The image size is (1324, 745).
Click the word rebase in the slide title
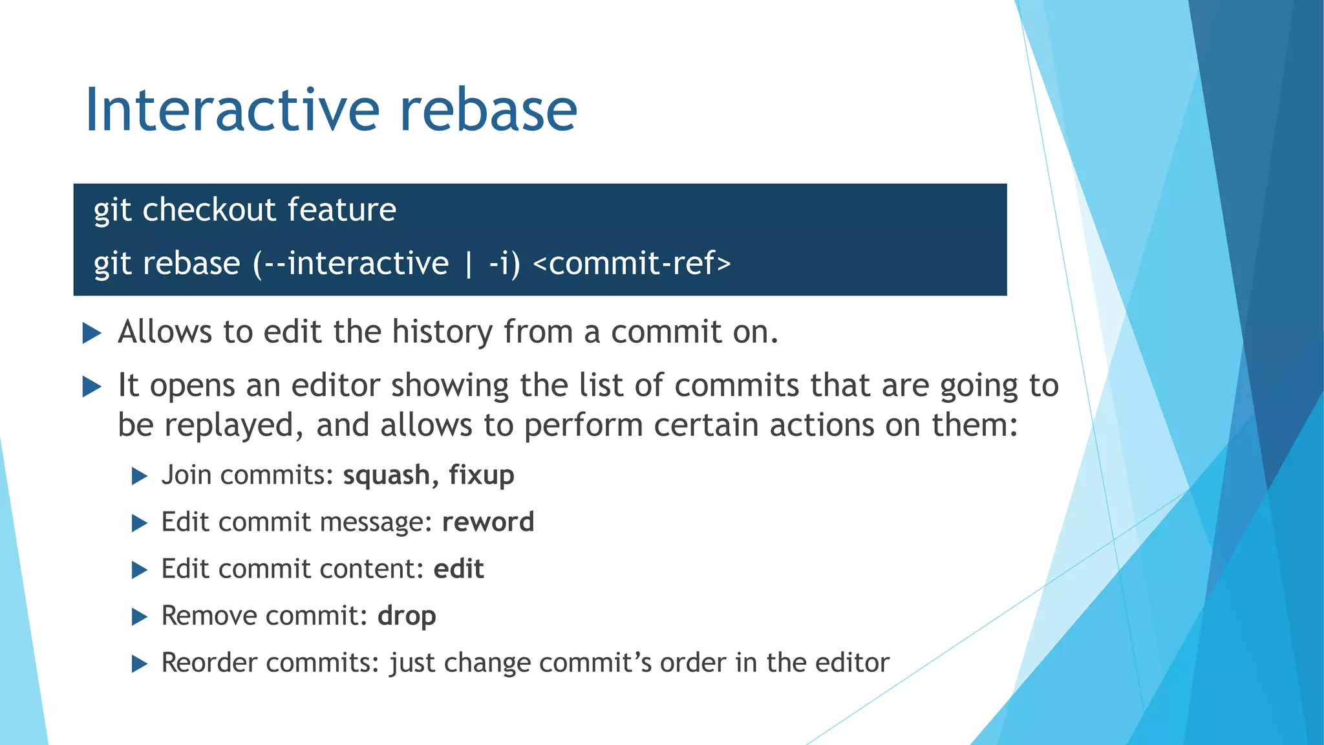488,110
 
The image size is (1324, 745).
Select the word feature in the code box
341,210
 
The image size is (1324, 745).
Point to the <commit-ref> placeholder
632,264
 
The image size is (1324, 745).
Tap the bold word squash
387,475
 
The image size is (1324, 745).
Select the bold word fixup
482,475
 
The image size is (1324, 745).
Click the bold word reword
488,522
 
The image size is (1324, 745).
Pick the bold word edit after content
458,569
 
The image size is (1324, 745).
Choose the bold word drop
407,616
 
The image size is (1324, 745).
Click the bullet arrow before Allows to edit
92,334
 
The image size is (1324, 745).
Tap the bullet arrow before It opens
92,387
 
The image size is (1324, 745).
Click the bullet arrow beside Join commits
140,477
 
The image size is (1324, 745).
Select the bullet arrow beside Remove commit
140,617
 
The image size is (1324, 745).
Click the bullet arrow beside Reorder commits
140,664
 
